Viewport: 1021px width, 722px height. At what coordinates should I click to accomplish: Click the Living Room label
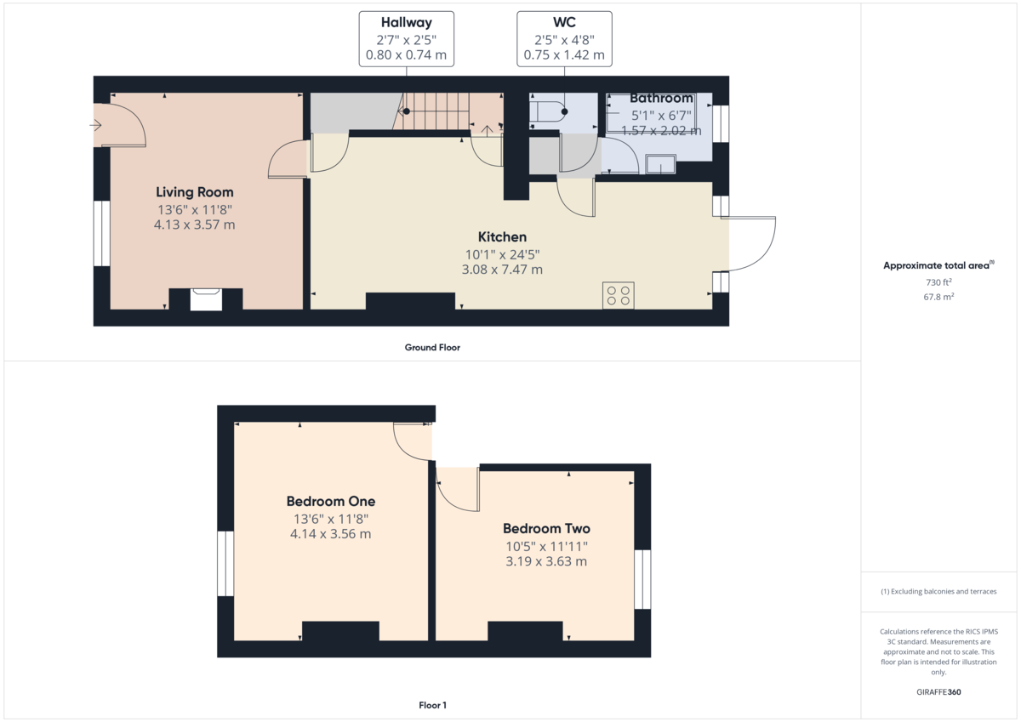point(195,192)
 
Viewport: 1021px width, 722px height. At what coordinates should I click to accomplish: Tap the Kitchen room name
point(502,237)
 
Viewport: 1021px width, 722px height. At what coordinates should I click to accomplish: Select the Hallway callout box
point(406,39)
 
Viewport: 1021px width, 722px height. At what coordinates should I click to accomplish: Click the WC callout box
point(564,39)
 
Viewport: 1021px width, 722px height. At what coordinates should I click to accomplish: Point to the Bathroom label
point(661,98)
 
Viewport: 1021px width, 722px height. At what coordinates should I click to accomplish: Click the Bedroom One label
point(331,501)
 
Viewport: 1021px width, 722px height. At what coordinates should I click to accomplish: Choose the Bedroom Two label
point(546,528)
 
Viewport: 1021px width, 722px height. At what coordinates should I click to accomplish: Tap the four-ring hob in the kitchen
point(618,295)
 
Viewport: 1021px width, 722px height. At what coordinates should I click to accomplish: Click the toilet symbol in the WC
point(547,111)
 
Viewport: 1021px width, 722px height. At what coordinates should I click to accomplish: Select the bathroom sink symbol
point(660,164)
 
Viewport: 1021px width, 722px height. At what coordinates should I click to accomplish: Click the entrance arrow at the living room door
point(95,125)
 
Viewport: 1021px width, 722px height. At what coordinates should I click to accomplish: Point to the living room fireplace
point(206,299)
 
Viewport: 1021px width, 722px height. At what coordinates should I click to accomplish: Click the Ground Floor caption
point(432,348)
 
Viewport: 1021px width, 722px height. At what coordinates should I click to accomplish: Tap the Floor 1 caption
point(432,705)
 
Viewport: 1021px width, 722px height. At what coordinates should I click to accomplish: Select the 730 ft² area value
point(939,282)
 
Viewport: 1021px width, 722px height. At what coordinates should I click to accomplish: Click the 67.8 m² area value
point(939,297)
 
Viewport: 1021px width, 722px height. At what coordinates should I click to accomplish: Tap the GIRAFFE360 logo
point(938,692)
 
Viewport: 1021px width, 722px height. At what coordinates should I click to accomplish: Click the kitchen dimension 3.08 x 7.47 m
point(502,270)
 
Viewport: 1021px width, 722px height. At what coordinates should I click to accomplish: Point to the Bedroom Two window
point(642,579)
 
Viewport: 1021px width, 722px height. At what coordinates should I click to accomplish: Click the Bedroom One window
point(225,564)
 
